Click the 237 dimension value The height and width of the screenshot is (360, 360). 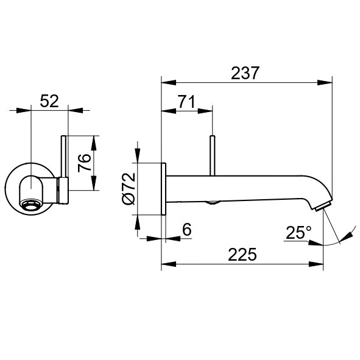[245, 73]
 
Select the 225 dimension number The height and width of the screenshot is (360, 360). [242, 255]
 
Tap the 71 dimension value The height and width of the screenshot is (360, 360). [186, 102]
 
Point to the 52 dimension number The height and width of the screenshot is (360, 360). [49, 101]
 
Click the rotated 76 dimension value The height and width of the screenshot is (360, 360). [84, 163]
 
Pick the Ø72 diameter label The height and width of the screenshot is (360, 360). [129, 188]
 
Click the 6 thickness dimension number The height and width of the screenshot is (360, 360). [187, 229]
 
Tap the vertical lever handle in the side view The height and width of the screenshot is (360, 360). [213, 156]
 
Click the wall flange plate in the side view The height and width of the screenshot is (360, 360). [163, 189]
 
